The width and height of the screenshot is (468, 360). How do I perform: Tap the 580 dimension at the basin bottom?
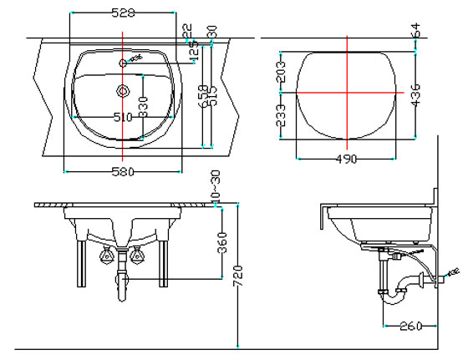[x=123, y=173]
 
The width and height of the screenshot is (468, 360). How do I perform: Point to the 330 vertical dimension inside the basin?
[x=144, y=107]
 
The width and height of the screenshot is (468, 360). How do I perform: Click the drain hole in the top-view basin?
[x=123, y=89]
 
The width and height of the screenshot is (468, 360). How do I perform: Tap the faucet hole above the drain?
[x=123, y=63]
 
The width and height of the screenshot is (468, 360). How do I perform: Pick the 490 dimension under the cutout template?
[x=346, y=159]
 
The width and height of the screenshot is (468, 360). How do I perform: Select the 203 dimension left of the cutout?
[x=281, y=73]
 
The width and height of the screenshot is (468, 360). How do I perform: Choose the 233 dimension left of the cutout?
[x=281, y=114]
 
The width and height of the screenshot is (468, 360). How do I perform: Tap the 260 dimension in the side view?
[x=409, y=326]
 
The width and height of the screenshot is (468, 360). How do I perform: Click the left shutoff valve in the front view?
[x=104, y=256]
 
